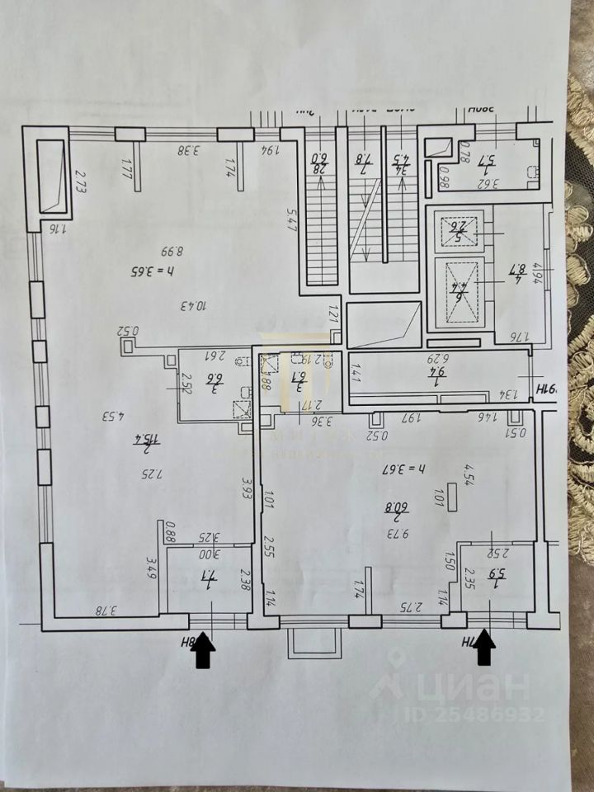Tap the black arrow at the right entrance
(x=485, y=646)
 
